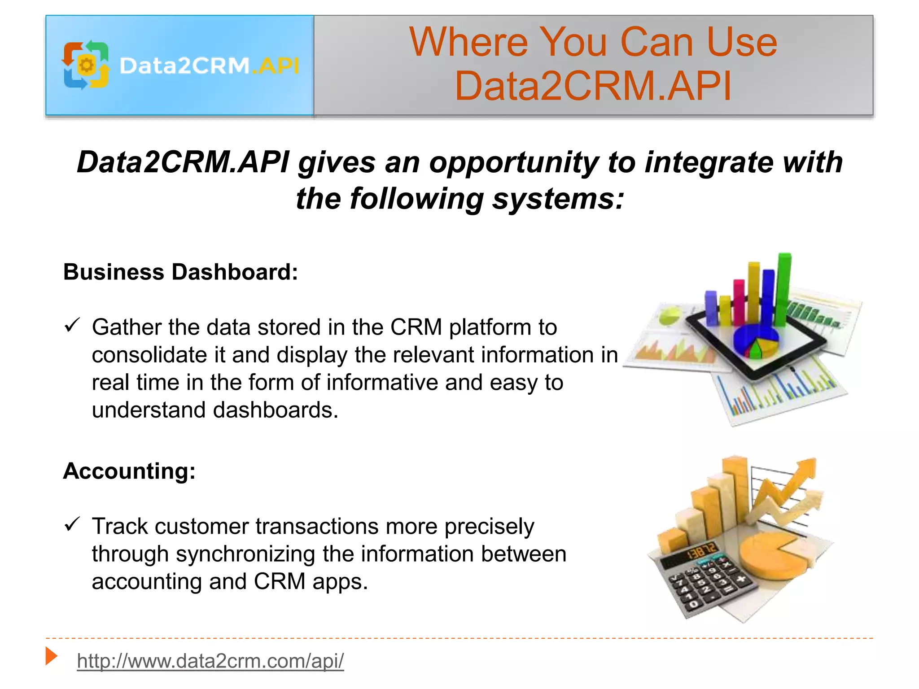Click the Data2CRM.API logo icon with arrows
[x=86, y=65]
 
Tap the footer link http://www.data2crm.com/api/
[x=210, y=661]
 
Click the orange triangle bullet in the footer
[x=51, y=656]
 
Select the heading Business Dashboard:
[x=180, y=272]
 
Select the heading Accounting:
[x=129, y=471]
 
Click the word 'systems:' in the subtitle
[x=558, y=199]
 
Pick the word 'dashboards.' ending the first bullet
[x=275, y=410]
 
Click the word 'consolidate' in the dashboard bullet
[x=149, y=355]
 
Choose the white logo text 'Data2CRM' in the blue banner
[x=184, y=66]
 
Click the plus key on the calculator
[x=741, y=579]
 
